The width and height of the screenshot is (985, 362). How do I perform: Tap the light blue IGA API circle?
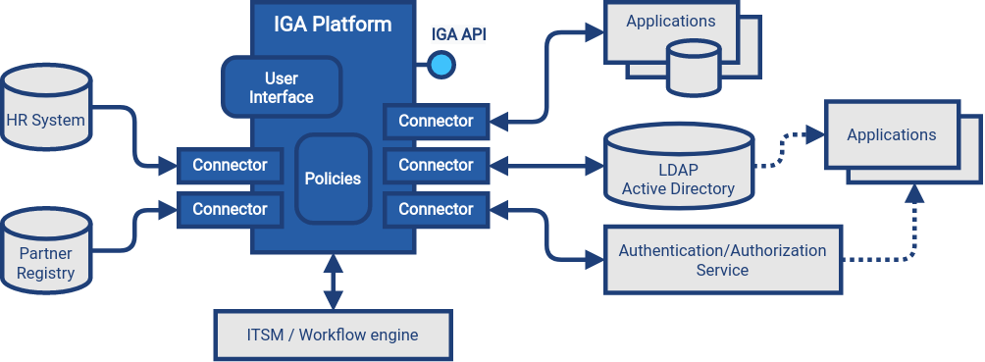(441, 66)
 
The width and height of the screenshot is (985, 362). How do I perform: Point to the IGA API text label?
(458, 35)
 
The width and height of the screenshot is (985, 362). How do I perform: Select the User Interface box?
(282, 87)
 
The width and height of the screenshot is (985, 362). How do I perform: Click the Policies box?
(333, 179)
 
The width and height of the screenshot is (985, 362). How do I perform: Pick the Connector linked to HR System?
(230, 165)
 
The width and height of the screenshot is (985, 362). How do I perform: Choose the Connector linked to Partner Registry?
(230, 209)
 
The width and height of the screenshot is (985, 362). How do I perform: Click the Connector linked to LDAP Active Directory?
(436, 165)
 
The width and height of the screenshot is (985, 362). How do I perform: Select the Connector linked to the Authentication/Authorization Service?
(436, 209)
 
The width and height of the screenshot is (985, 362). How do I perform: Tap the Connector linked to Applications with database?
(436, 121)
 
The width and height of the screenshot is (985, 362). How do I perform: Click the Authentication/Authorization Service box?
(722, 260)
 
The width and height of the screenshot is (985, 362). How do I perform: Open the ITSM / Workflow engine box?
(332, 336)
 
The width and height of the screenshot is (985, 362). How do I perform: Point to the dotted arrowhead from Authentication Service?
(913, 194)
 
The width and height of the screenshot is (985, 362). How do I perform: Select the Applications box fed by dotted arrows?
(891, 135)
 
